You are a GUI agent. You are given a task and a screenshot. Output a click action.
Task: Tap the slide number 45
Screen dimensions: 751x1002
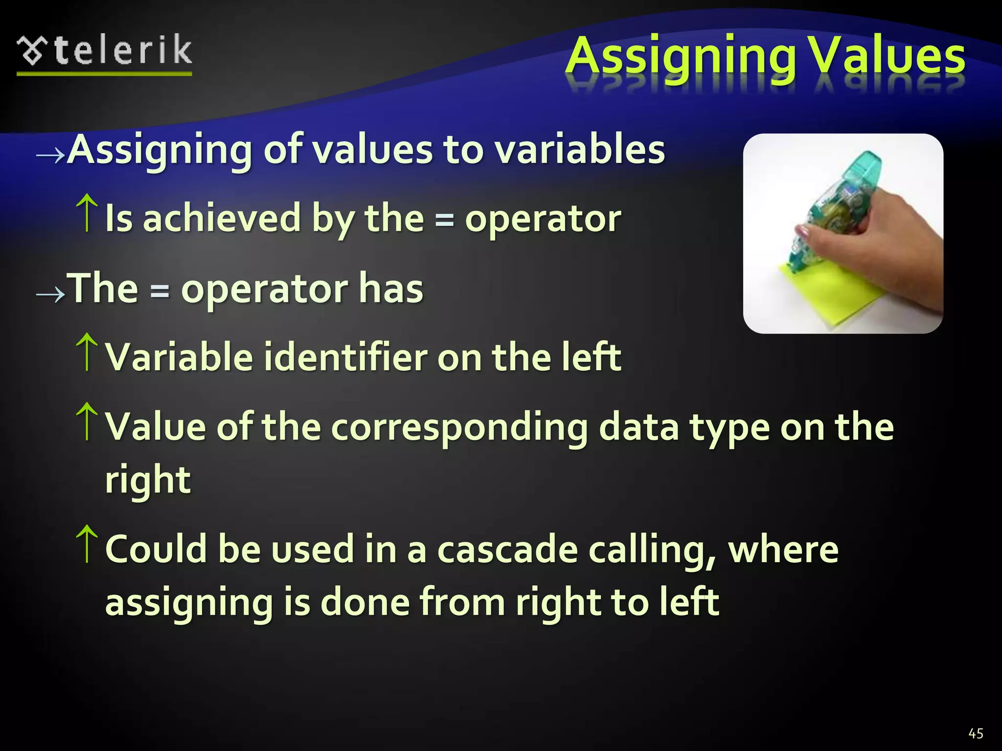tap(976, 733)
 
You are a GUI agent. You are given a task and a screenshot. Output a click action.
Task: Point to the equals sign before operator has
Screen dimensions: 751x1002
tap(159, 291)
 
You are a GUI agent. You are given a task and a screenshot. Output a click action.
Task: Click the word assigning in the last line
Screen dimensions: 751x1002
tap(189, 602)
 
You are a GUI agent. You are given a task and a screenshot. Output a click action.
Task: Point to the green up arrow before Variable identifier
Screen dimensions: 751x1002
tap(87, 352)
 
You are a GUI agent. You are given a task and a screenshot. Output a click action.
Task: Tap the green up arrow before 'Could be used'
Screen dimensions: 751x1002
tap(87, 544)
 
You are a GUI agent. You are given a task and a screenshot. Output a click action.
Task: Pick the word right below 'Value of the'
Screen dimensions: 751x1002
tap(148, 480)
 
